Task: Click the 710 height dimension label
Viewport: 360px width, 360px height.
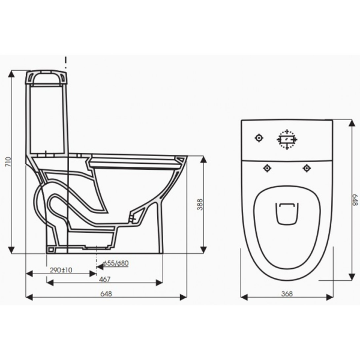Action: (8, 162)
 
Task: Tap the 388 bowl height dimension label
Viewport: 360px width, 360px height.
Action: (200, 205)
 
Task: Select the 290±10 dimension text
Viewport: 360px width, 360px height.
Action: (61, 270)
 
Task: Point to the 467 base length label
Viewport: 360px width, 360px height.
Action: (104, 280)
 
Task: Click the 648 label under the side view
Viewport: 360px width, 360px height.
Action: (106, 293)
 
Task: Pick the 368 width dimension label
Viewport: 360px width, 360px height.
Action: (287, 293)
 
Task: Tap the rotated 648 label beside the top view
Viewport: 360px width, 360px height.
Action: (355, 200)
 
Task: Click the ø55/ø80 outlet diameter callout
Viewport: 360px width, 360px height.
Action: (116, 263)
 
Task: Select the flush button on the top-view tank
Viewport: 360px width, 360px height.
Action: (287, 139)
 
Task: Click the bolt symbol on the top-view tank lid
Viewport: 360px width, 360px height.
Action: (259, 138)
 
